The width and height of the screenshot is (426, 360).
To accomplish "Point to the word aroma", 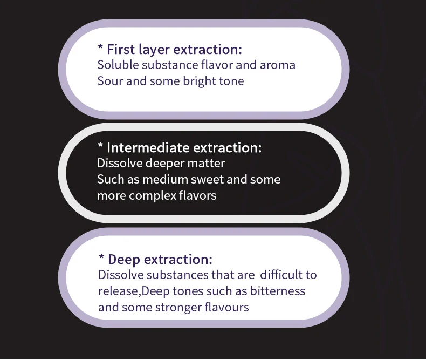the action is pyautogui.click(x=278, y=65).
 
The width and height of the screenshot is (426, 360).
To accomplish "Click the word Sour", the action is pyautogui.click(x=109, y=81).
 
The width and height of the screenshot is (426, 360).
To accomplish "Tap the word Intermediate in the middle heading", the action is pyautogui.click(x=148, y=148).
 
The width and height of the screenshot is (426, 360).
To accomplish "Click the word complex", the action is pyautogui.click(x=152, y=196).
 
